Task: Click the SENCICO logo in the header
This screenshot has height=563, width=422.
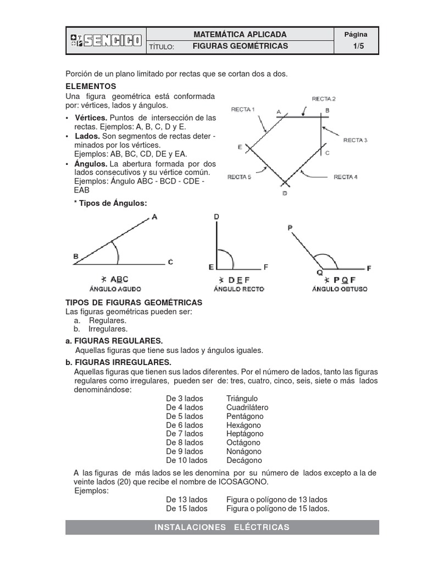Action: [x=106, y=40]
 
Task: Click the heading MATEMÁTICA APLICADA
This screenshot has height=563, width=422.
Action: [x=240, y=34]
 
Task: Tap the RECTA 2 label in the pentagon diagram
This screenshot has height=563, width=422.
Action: [x=323, y=99]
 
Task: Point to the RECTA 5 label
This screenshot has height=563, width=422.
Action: [x=239, y=177]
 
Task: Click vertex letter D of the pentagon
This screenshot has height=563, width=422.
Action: [x=285, y=194]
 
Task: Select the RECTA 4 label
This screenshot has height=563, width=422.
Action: [x=346, y=177]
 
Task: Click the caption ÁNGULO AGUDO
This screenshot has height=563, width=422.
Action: [x=115, y=289]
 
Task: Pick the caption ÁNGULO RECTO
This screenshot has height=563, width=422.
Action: [x=238, y=289]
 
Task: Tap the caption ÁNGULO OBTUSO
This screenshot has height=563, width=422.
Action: [x=340, y=289]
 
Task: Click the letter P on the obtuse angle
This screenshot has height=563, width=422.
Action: [x=290, y=227]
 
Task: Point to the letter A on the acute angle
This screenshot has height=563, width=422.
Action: [x=154, y=217]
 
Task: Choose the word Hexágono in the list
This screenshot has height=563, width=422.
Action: [x=243, y=425]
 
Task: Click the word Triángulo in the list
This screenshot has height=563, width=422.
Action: [x=242, y=399]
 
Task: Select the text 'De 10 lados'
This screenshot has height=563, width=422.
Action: [x=186, y=460]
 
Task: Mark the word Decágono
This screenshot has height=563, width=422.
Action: [x=244, y=460]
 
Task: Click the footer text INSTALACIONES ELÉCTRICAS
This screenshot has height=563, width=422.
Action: [x=222, y=527]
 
